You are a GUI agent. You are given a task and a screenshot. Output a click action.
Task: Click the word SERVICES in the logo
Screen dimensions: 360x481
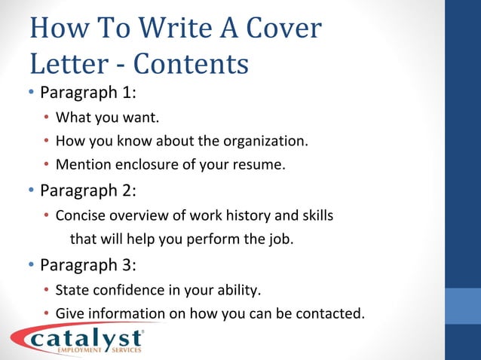(x=126, y=350)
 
